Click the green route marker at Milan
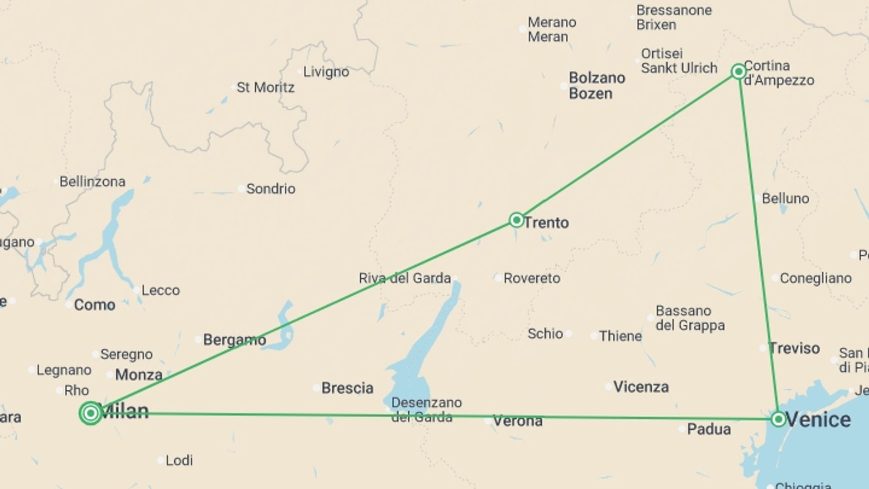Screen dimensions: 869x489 (x=91, y=413)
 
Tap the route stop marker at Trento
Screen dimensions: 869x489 (x=516, y=220)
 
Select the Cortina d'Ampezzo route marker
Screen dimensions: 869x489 (x=739, y=72)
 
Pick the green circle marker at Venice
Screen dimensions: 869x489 (x=778, y=419)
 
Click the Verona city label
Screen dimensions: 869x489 (x=517, y=421)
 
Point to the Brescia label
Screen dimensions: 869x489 (x=347, y=388)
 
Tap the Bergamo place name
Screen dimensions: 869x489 (x=234, y=340)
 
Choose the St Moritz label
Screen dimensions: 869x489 (x=265, y=87)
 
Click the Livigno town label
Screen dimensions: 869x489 (x=326, y=72)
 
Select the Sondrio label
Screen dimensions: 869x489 (x=271, y=189)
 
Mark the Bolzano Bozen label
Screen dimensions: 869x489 (x=597, y=86)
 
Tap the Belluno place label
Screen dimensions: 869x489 (x=785, y=198)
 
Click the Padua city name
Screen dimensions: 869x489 (x=709, y=429)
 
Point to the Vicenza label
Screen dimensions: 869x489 (x=641, y=387)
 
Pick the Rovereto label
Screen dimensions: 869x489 (x=532, y=278)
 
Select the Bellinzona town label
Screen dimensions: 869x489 (x=92, y=182)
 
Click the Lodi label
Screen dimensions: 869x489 (x=179, y=460)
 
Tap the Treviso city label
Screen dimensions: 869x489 (x=794, y=348)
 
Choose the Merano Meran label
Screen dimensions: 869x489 (x=551, y=29)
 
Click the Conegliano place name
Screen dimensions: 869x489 (x=816, y=278)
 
